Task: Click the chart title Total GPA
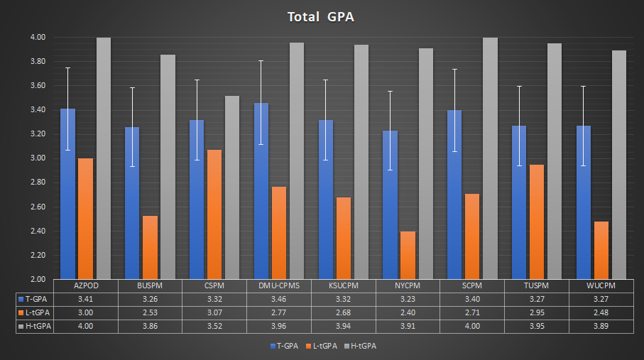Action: coord(321,17)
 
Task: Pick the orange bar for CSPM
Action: coord(214,214)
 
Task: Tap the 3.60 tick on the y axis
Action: coord(38,86)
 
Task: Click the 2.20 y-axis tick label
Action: coord(38,255)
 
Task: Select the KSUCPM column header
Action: coord(343,285)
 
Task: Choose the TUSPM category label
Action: coord(536,285)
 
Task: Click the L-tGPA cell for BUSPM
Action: coord(150,312)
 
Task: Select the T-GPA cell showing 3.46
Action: coord(278,299)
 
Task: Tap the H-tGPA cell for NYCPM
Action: coord(408,326)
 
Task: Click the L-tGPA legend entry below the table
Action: coord(323,346)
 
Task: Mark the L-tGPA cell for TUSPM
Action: coord(536,312)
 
